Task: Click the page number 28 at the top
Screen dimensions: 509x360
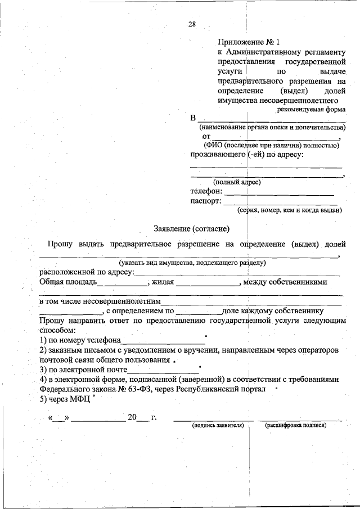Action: click(x=192, y=24)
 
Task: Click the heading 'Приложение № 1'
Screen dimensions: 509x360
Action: click(x=248, y=42)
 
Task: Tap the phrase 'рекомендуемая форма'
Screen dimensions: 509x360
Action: click(x=311, y=110)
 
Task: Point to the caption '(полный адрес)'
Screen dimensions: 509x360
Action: click(x=236, y=182)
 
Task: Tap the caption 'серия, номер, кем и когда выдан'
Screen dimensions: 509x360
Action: click(x=289, y=210)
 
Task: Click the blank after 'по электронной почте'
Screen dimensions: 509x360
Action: click(x=163, y=372)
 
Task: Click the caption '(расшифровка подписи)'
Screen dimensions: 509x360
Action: click(x=295, y=425)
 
